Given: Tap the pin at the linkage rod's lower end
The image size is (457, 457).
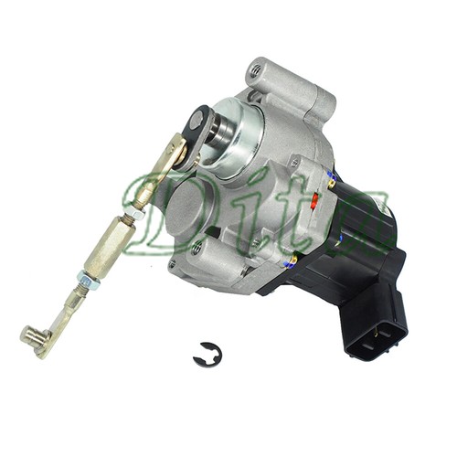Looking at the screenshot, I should coord(33,339).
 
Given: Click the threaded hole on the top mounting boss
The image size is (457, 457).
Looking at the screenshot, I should coord(257,70).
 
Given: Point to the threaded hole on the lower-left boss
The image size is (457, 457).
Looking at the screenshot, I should coord(197,247).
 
